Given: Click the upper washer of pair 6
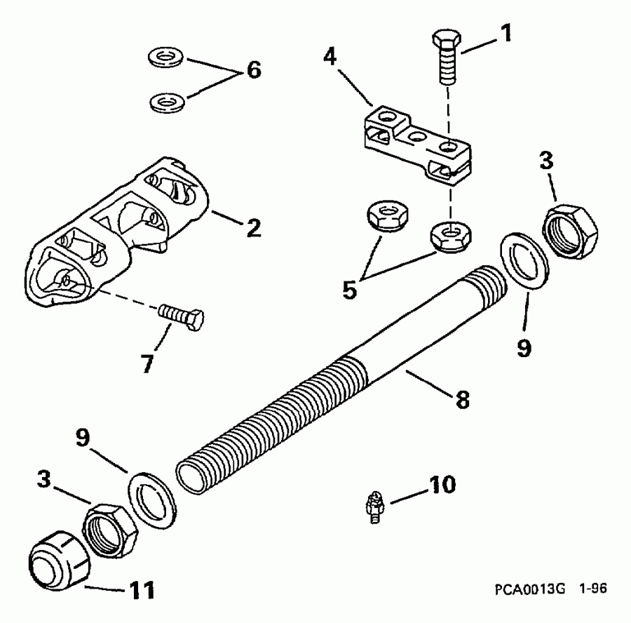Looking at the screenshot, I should [166, 56].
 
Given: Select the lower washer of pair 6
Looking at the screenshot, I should [166, 103].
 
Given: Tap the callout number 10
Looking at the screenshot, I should [437, 485].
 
